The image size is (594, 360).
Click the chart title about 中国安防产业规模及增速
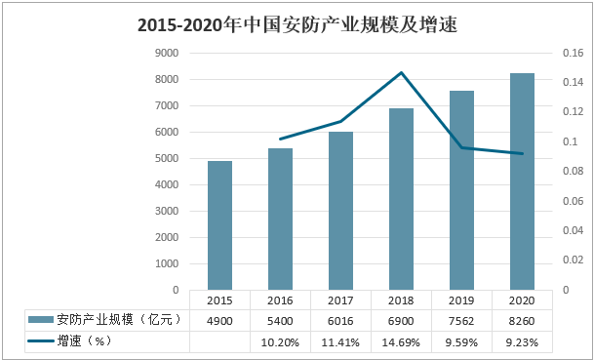[297, 25]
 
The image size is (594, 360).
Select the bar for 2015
[219, 225]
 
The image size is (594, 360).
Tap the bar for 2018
[401, 199]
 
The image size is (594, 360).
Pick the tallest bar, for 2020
[522, 181]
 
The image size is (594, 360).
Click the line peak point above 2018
[401, 72]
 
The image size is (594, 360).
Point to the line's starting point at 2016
[280, 140]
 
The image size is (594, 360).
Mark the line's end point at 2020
[522, 153]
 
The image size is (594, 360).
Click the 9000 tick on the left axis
[167, 53]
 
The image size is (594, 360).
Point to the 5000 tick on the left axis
[167, 158]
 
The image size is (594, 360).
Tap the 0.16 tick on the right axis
[574, 53]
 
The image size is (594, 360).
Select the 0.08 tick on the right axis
[574, 172]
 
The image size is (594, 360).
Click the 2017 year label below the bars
[340, 300]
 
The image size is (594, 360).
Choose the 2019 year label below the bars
[461, 300]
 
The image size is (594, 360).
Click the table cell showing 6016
[340, 321]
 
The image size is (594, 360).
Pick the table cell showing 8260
[522, 321]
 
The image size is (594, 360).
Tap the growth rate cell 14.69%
[401, 342]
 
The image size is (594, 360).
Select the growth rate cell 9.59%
[461, 342]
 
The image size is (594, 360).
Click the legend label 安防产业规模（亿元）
[118, 320]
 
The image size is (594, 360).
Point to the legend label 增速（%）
[84, 341]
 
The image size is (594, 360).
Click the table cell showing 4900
[219, 321]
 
